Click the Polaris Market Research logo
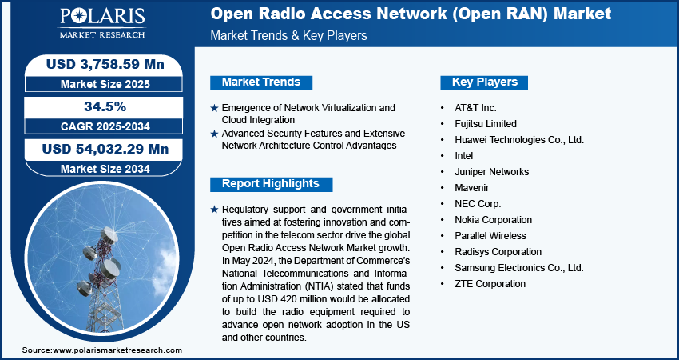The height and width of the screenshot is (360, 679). coord(102,23)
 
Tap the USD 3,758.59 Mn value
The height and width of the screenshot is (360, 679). coord(105,64)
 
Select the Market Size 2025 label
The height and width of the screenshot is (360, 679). coord(105,84)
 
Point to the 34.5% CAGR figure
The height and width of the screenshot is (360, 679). coord(105,106)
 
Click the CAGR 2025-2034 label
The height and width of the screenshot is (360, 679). coord(105,126)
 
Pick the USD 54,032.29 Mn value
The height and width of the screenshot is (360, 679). coord(105,150)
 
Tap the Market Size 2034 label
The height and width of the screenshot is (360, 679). coord(105,169)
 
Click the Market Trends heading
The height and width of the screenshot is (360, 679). coord(261,82)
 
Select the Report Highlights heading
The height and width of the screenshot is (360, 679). coord(271,184)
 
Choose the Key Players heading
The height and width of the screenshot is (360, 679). coord(484,82)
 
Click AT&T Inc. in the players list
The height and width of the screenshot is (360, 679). coord(475,108)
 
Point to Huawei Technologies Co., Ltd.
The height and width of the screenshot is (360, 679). coord(519,140)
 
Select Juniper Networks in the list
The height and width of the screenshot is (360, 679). coord(491,172)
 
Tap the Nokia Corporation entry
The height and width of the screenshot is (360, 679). coord(493,220)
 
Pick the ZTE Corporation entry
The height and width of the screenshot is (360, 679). coord(490,284)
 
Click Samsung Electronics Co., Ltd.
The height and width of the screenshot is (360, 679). coord(518,268)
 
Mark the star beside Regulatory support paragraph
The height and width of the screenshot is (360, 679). coord(214,210)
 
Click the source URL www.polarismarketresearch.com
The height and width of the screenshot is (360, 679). coord(117,350)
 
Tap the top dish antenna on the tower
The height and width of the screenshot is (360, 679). coord(109,235)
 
